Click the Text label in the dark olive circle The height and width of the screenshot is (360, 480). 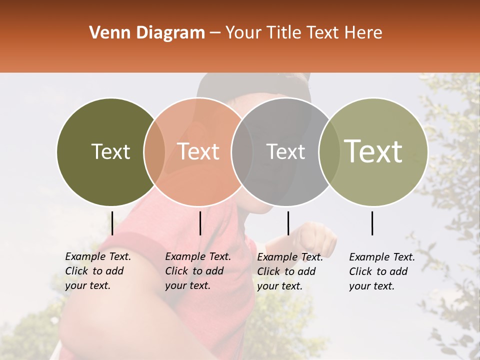[110, 151]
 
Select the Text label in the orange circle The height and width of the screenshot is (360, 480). [198, 151]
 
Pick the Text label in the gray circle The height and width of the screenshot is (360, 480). [285, 151]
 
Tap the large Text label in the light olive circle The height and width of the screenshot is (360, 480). [373, 151]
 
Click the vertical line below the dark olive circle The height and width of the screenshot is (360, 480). [112, 223]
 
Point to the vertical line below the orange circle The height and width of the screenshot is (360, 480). [200, 223]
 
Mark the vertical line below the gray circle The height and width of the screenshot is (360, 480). [288, 223]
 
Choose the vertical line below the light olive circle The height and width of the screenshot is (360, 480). [372, 223]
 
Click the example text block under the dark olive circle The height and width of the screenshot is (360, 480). [98, 271]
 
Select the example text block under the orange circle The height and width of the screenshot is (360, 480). [198, 271]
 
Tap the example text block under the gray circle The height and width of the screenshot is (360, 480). [290, 271]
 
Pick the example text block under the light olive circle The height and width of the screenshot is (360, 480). [382, 271]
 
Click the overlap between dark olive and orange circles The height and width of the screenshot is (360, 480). [154, 151]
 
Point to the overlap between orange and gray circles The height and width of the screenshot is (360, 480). [242, 151]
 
